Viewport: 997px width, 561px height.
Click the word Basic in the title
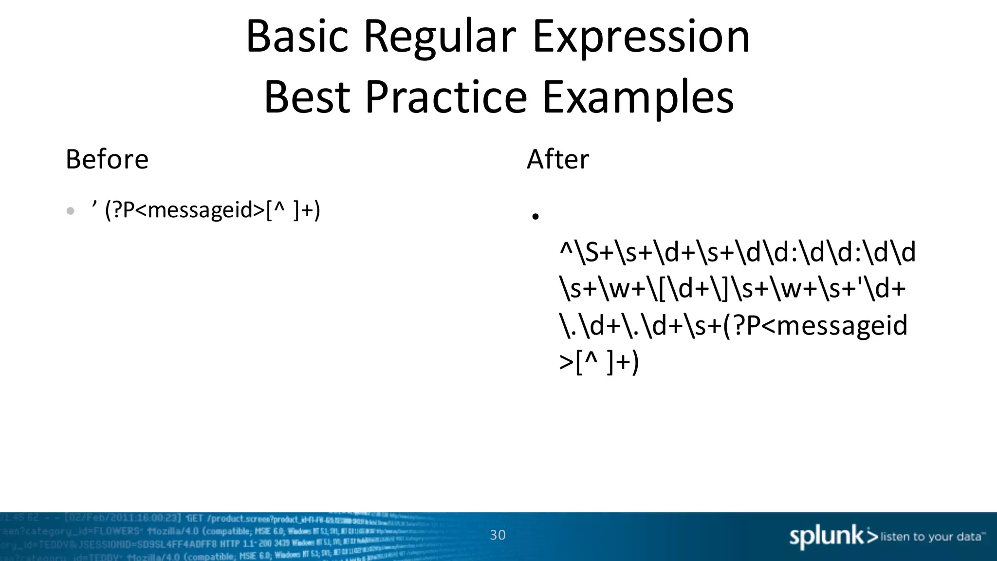pos(297,37)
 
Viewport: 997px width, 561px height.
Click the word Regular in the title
pos(440,37)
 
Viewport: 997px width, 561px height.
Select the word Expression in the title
pos(641,37)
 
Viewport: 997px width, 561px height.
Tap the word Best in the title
pos(307,97)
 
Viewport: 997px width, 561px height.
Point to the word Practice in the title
pos(446,97)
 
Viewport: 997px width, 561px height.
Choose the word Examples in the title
pos(638,97)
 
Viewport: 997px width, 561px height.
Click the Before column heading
pos(107,159)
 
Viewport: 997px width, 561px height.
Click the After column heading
pos(558,159)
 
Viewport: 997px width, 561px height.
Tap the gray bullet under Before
pos(71,211)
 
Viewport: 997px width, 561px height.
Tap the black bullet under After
pos(535,217)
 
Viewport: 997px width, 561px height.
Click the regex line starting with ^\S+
pos(738,252)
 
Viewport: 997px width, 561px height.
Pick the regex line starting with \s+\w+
pos(733,289)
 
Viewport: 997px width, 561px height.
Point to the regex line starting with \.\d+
pos(734,325)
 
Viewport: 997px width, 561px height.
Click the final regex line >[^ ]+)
pos(599,362)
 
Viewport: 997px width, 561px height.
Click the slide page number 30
pos(498,535)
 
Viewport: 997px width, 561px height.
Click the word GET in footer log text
pos(194,518)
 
